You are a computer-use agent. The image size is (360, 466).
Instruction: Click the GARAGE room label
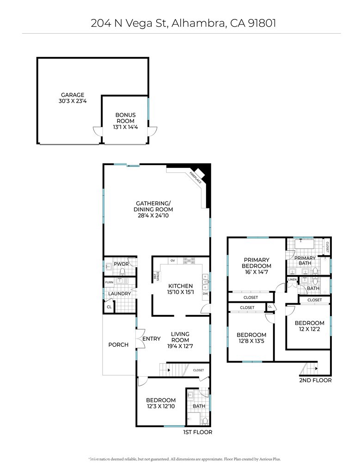(x=73, y=95)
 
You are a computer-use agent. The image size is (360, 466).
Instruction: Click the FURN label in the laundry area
(x=109, y=282)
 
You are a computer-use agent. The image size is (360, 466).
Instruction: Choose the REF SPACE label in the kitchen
(x=156, y=276)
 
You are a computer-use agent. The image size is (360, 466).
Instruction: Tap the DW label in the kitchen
(x=205, y=294)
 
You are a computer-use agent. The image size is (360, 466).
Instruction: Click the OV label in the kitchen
(x=173, y=261)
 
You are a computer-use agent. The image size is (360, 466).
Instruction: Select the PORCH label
(x=118, y=345)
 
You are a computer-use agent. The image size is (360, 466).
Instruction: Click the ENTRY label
(x=151, y=339)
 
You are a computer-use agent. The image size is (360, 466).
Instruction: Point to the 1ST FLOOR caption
(x=197, y=432)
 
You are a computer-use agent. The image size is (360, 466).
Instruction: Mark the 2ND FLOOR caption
(x=316, y=380)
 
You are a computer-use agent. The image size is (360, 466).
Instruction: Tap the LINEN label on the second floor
(x=292, y=280)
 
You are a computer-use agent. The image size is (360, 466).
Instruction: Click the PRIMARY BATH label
(x=305, y=261)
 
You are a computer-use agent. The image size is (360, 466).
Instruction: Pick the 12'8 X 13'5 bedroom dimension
(x=251, y=342)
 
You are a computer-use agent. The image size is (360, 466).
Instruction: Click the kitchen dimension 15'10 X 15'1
(x=181, y=292)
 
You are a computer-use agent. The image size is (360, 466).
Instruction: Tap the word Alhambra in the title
(x=196, y=23)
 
